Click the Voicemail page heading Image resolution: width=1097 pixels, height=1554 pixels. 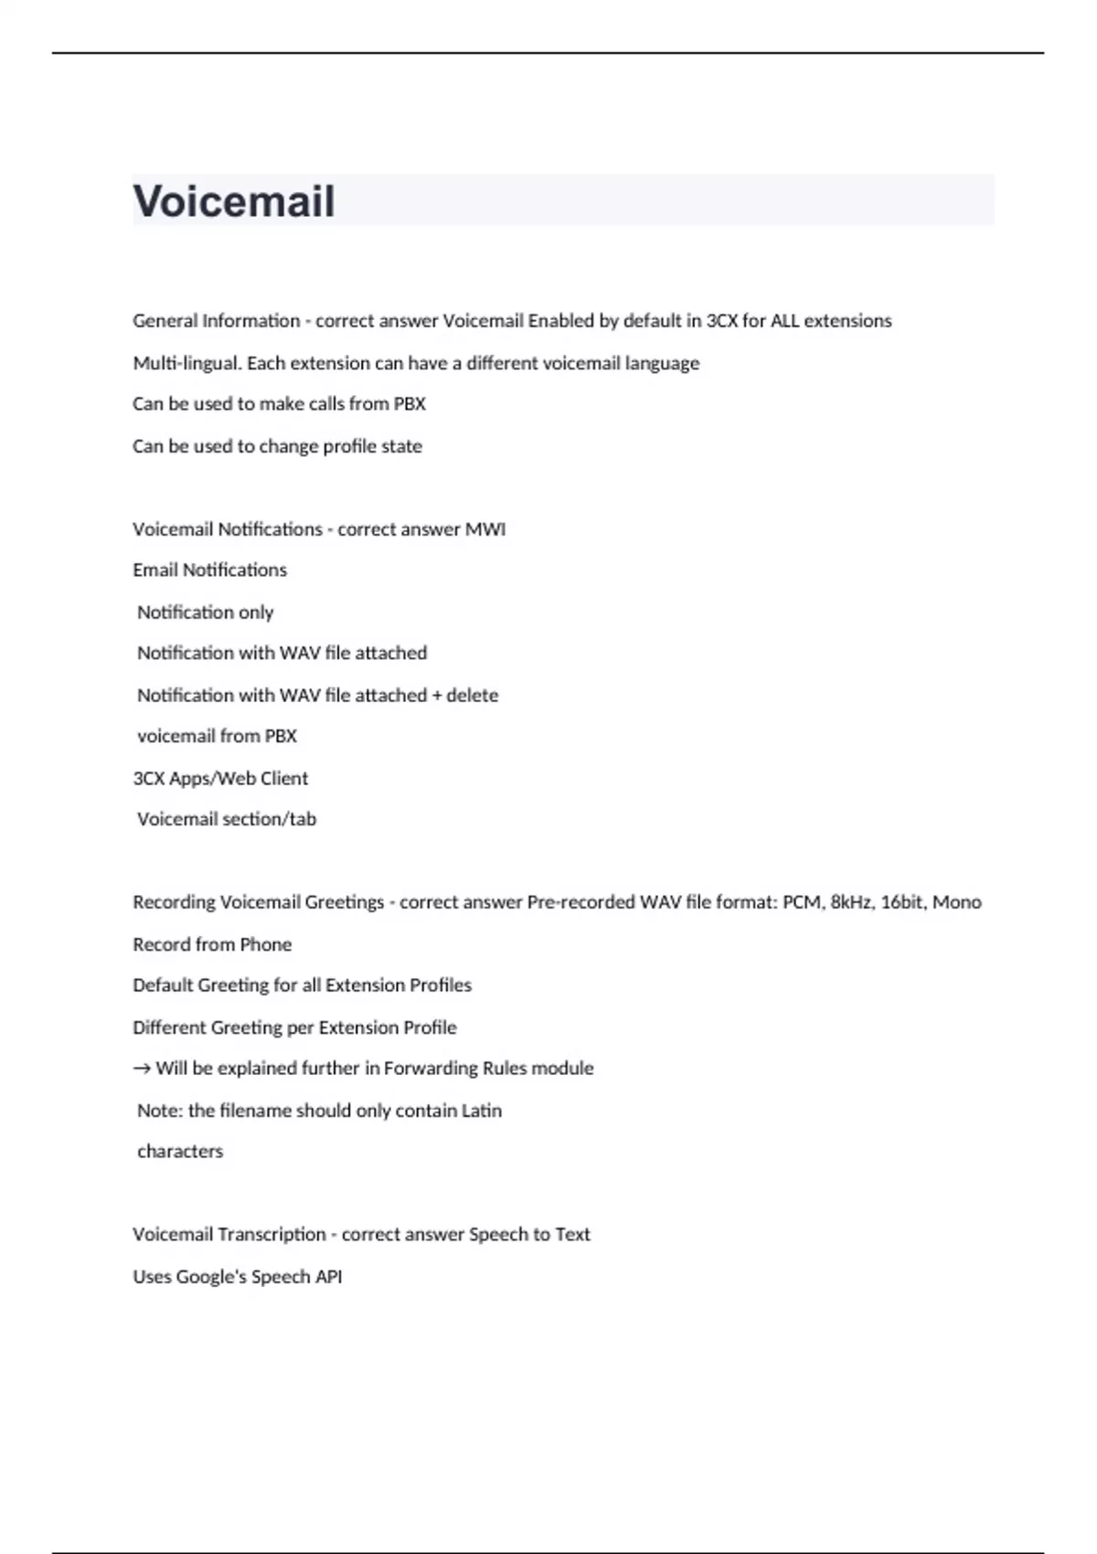[234, 201]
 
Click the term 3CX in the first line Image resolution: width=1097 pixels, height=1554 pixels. [722, 321]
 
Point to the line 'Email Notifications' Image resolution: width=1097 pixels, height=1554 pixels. [209, 570]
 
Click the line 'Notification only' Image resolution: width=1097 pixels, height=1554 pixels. [205, 612]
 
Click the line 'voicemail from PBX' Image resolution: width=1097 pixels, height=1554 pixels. [217, 736]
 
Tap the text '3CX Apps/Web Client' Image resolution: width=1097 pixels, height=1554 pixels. [220, 778]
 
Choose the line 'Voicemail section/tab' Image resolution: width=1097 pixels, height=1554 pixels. [226, 819]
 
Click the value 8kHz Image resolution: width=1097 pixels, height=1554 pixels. [850, 902]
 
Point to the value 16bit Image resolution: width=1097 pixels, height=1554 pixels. [901, 902]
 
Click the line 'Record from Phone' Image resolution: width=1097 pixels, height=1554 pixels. [212, 944]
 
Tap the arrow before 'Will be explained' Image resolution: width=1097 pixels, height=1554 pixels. [142, 1069]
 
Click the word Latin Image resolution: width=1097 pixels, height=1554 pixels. [481, 1111]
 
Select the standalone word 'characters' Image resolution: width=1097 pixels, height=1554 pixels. [180, 1152]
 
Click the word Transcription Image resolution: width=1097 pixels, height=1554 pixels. [272, 1234]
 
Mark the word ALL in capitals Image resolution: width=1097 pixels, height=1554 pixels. [784, 321]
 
